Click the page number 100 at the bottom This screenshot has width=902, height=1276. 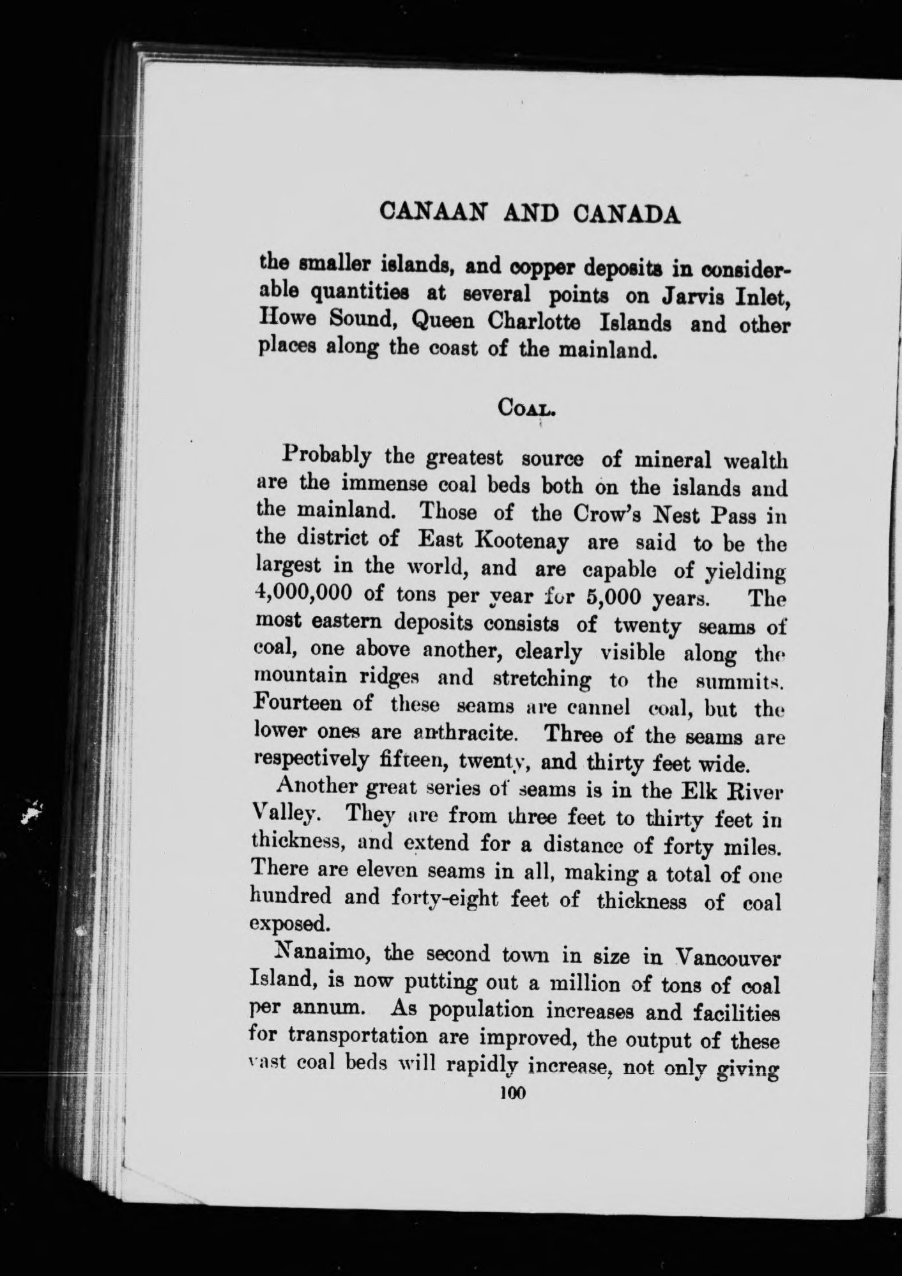click(x=512, y=1093)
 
